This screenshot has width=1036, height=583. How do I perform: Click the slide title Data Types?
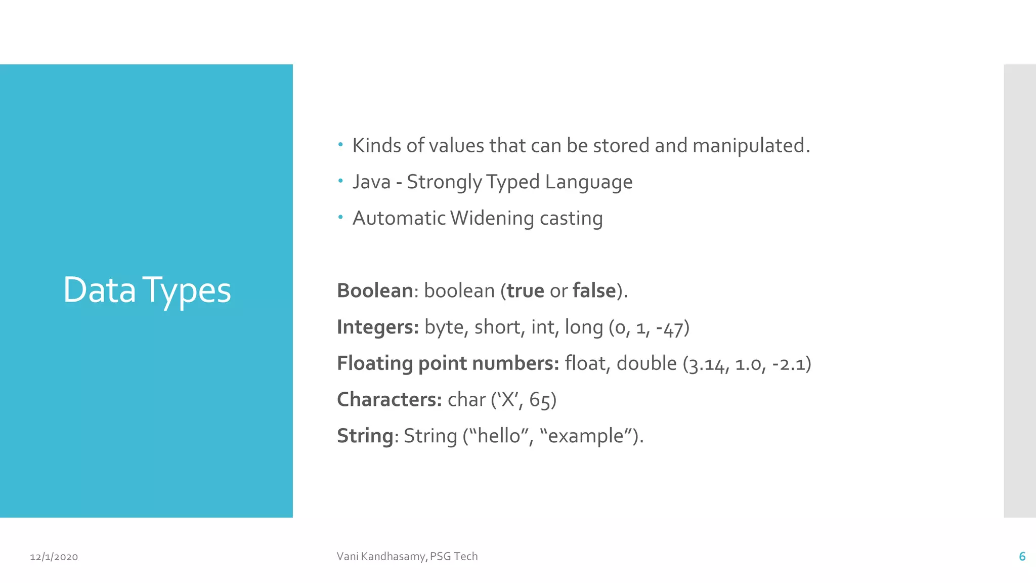click(x=147, y=290)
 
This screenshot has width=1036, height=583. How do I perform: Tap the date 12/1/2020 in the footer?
click(x=54, y=557)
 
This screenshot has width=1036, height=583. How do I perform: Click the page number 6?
click(x=1022, y=557)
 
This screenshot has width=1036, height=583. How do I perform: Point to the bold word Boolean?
click(x=375, y=291)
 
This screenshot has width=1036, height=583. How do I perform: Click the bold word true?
click(x=525, y=291)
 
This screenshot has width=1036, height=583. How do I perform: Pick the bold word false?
click(x=594, y=291)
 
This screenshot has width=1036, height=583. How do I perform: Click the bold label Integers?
click(x=378, y=327)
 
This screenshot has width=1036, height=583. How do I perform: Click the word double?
click(x=646, y=363)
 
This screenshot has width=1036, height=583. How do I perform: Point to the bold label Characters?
click(x=390, y=400)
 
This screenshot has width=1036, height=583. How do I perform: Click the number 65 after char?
click(x=540, y=400)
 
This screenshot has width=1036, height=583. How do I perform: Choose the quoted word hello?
click(x=499, y=436)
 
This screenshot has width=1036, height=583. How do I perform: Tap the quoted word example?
click(x=586, y=436)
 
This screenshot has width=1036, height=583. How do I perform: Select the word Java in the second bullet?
click(x=371, y=182)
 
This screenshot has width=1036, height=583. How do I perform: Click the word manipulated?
click(x=751, y=146)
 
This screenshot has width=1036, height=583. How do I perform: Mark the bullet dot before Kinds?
click(x=341, y=145)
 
